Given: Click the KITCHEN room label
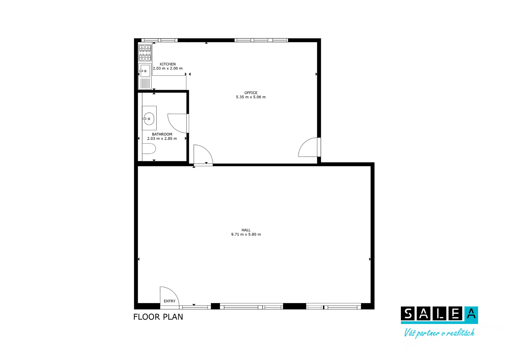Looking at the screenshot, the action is (168, 64).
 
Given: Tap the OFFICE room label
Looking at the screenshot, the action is (251, 93).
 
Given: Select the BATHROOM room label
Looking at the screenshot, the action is (162, 134).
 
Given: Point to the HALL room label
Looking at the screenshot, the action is (246, 230).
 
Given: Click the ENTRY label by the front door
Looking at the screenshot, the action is (169, 301).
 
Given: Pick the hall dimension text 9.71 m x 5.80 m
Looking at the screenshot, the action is (246, 234).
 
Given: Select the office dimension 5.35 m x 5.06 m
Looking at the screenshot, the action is (251, 97).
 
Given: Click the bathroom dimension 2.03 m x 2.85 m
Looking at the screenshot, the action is (162, 139).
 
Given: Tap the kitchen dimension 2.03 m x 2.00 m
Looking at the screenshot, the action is (168, 68).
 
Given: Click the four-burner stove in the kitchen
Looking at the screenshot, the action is (145, 53).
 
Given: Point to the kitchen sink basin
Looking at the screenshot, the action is (145, 71).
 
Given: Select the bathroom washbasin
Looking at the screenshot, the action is (149, 119).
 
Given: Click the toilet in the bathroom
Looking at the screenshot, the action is (149, 148).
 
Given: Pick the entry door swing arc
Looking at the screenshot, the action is (173, 292).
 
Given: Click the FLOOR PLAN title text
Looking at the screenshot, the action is (158, 317).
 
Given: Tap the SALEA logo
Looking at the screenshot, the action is (439, 315).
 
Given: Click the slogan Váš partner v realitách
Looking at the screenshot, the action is (439, 333).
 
